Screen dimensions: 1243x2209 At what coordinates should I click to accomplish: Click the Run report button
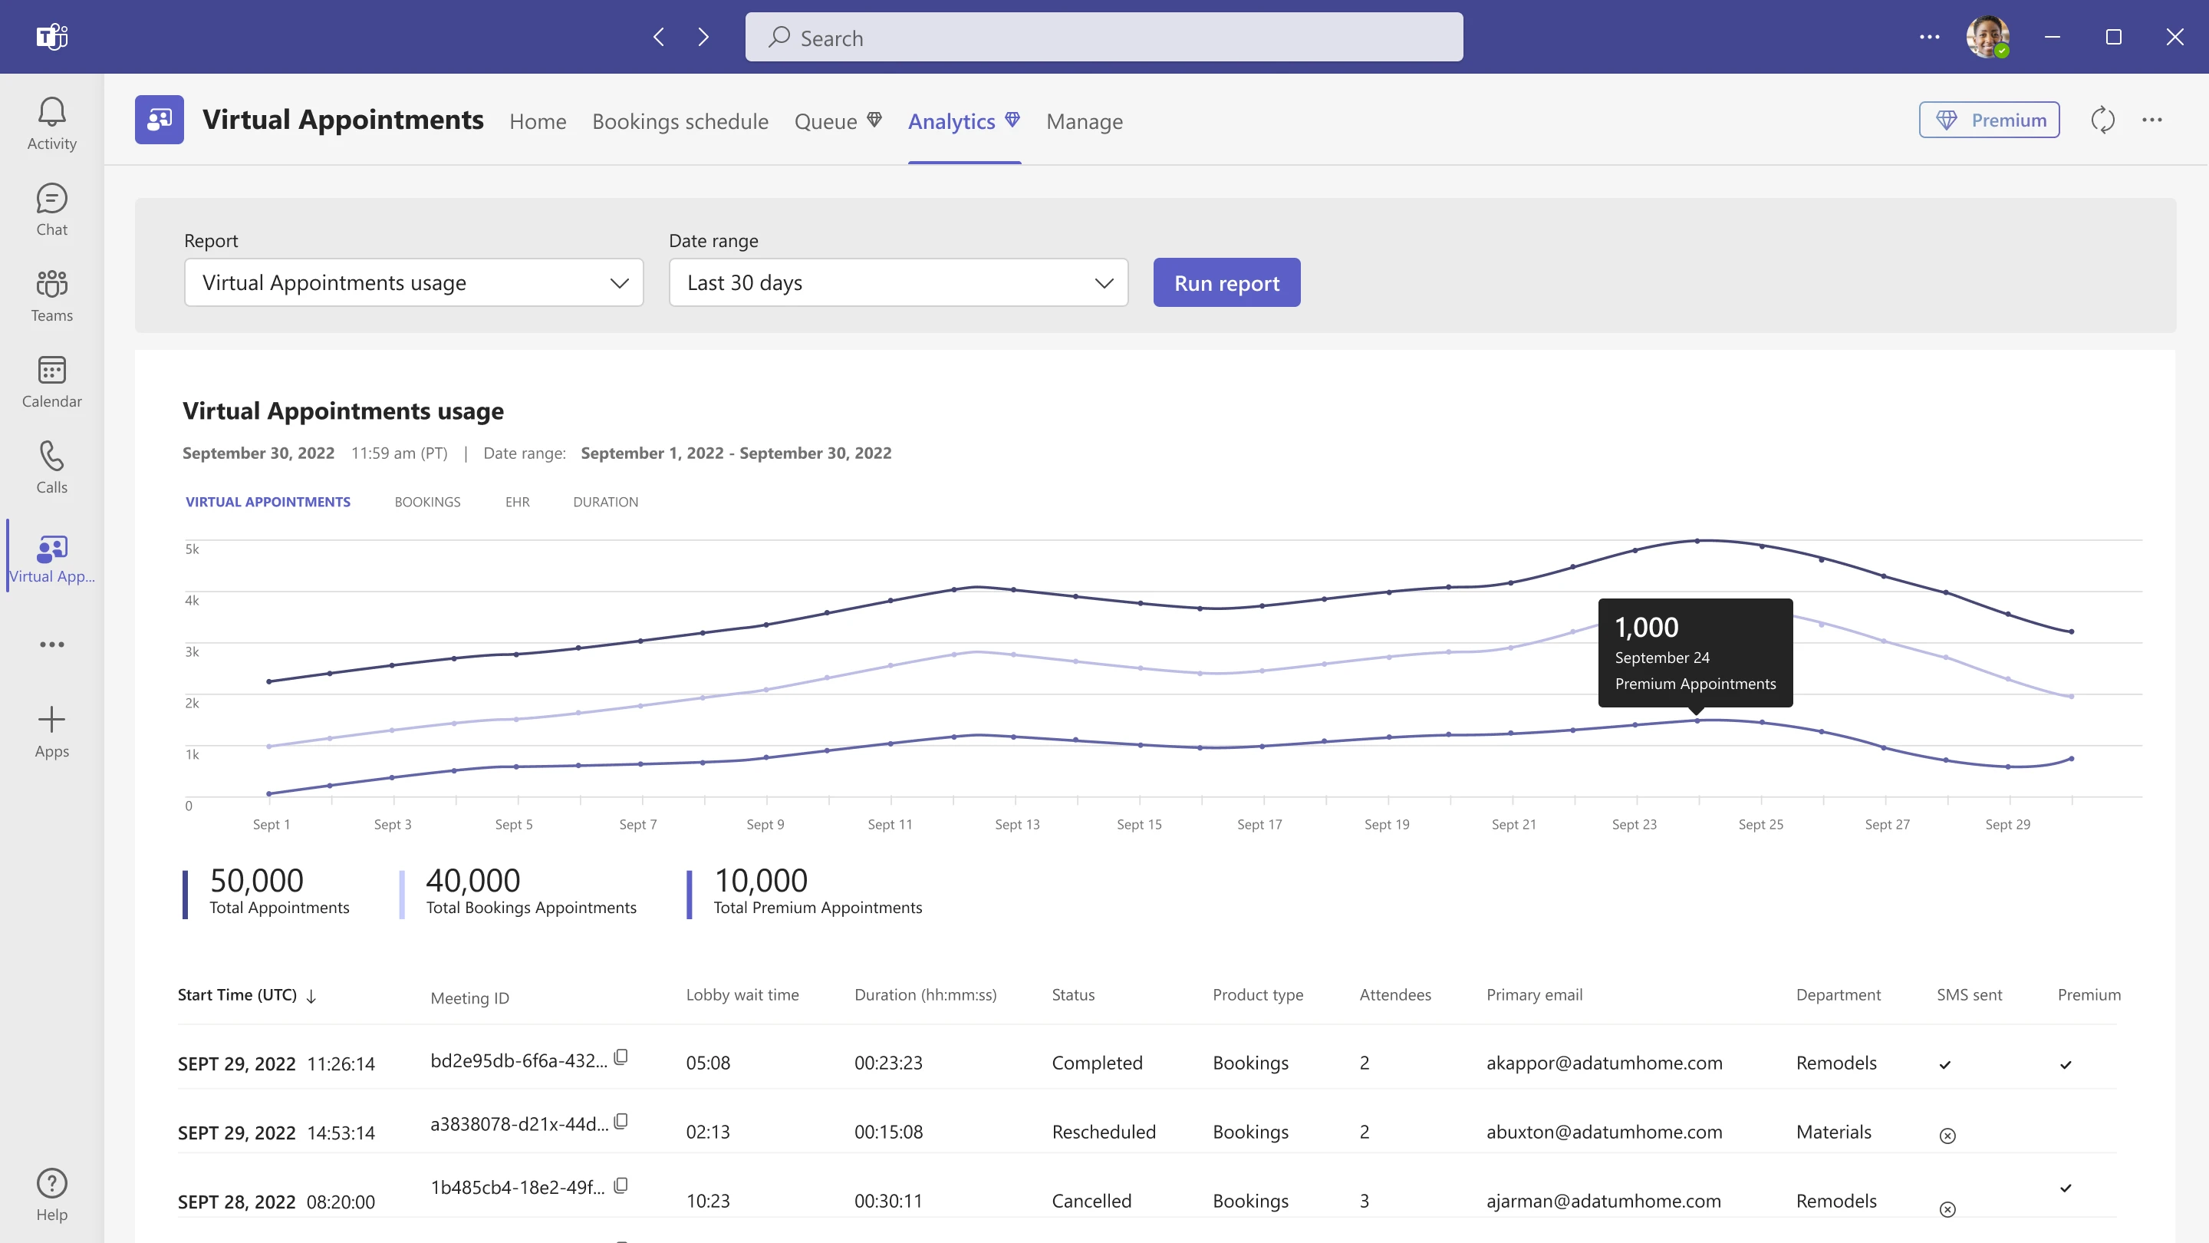click(x=1226, y=283)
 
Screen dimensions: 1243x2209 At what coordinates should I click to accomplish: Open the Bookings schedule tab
click(x=680, y=122)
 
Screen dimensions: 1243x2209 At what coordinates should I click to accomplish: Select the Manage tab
click(x=1084, y=122)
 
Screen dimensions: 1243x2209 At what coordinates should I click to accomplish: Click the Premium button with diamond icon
click(x=1989, y=120)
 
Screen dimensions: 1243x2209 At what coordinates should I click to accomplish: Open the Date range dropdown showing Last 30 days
click(x=898, y=283)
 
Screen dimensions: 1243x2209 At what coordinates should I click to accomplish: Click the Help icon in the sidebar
click(x=51, y=1194)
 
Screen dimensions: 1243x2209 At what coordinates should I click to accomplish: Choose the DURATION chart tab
click(x=605, y=502)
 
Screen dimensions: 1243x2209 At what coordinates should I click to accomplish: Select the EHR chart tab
click(x=517, y=502)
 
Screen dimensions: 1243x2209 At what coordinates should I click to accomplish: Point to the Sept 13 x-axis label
click(x=1017, y=824)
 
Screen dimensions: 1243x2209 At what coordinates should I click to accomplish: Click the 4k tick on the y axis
click(x=192, y=601)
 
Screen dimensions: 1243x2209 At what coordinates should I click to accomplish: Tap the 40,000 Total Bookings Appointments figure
click(x=473, y=881)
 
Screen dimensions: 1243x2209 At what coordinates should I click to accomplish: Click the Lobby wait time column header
click(x=742, y=995)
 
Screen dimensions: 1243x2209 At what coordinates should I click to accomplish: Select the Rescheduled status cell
click(x=1104, y=1133)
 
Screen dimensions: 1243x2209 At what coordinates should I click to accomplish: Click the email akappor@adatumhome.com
click(x=1604, y=1063)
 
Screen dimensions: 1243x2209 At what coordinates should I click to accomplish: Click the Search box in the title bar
click(x=1104, y=37)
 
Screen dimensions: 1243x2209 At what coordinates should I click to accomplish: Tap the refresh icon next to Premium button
click(x=2102, y=120)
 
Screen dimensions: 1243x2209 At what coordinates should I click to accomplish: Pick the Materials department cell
click(x=1833, y=1133)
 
